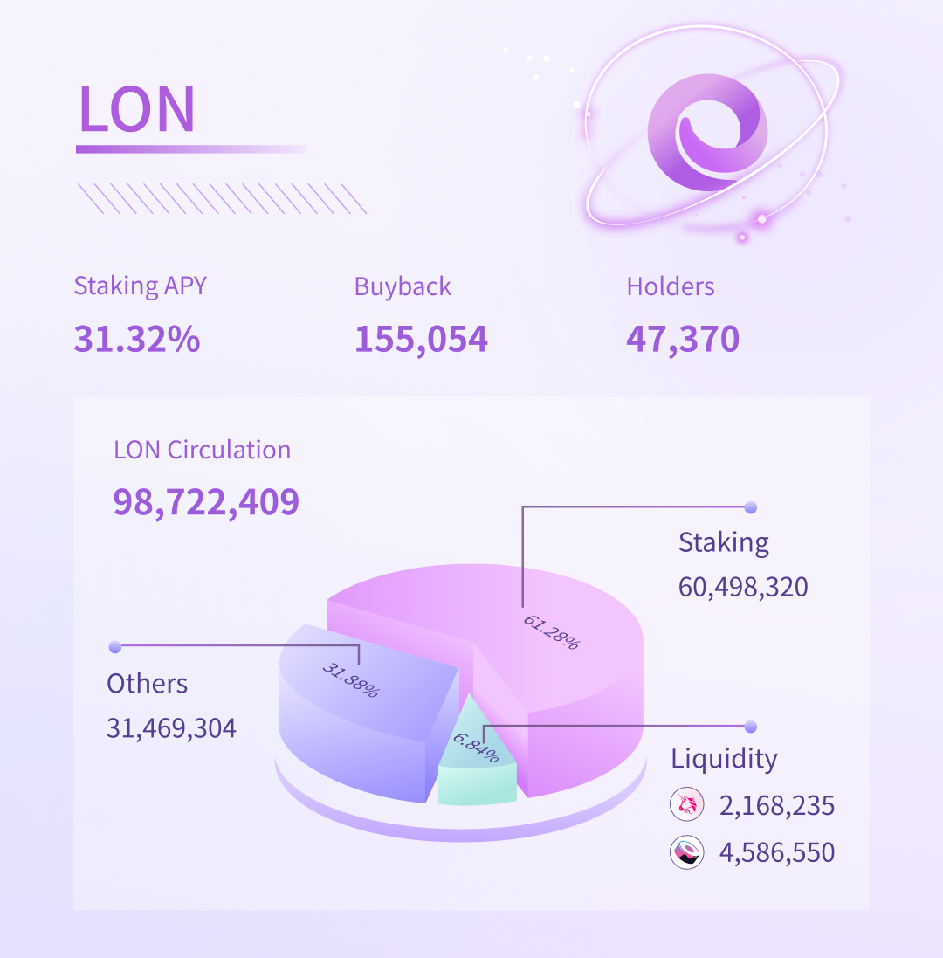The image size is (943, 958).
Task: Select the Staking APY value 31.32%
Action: tap(137, 339)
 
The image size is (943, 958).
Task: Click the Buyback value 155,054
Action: tap(421, 339)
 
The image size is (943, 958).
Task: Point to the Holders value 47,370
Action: tap(683, 339)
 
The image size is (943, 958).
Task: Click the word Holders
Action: tap(671, 286)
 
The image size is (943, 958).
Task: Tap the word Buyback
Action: tap(403, 286)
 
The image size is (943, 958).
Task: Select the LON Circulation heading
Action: tap(202, 450)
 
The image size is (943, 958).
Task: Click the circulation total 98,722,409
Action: tap(206, 501)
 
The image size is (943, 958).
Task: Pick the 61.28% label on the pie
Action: tap(551, 632)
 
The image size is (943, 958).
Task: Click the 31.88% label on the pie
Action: tap(351, 680)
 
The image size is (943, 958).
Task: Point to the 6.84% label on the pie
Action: tap(477, 747)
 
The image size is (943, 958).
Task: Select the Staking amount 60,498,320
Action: tap(743, 587)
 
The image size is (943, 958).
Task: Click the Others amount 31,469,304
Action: tap(171, 727)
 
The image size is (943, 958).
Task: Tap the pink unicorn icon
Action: tap(687, 804)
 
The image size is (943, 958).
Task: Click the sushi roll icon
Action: tap(687, 852)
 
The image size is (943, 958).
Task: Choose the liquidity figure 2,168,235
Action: tap(777, 805)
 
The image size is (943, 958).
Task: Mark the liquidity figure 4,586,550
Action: tap(777, 852)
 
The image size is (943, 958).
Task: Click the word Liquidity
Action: tap(724, 759)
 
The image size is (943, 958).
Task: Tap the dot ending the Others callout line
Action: tap(114, 647)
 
